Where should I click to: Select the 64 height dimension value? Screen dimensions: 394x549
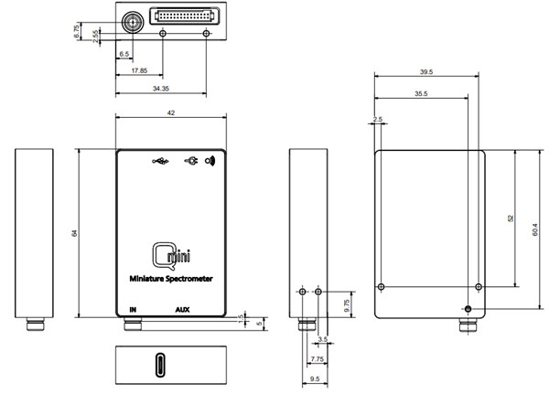click(x=74, y=234)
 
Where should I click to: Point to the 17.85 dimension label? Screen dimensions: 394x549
click(x=139, y=70)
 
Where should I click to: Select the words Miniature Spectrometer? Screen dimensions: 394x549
click(x=171, y=279)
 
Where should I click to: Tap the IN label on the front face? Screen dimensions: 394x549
click(x=134, y=309)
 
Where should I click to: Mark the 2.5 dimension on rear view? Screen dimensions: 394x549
click(x=378, y=119)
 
